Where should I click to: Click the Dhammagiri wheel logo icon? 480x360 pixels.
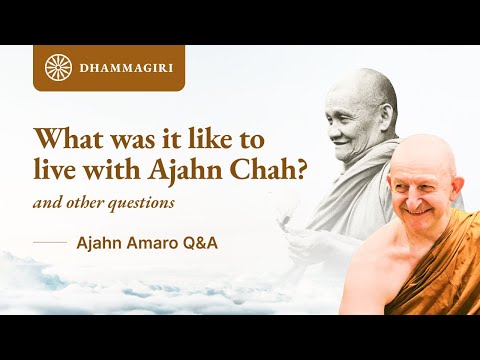click(58, 68)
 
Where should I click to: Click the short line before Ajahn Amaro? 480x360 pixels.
click(49, 242)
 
